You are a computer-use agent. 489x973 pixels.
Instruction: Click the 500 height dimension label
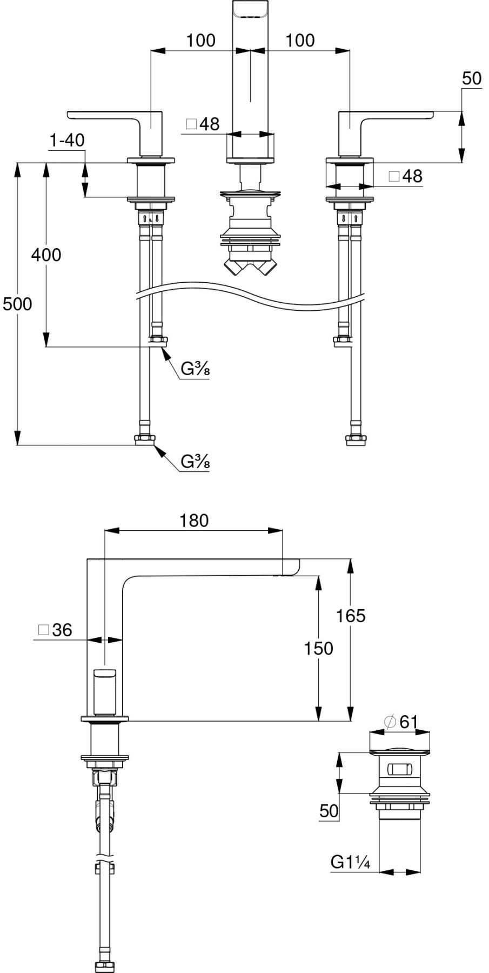pyautogui.click(x=17, y=304)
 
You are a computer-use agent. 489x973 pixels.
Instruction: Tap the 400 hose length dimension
pyautogui.click(x=46, y=255)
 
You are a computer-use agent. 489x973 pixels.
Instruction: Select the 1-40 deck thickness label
pyautogui.click(x=67, y=141)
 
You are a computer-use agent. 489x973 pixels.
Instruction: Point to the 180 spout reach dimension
pyautogui.click(x=194, y=521)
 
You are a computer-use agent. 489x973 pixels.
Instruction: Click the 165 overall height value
pyautogui.click(x=351, y=616)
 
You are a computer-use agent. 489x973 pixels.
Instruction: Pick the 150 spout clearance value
pyautogui.click(x=319, y=648)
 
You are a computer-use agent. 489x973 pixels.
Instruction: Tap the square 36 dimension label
pyautogui.click(x=55, y=630)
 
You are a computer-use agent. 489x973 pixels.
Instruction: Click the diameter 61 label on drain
pyautogui.click(x=400, y=722)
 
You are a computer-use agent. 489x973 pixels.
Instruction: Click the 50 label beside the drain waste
pyautogui.click(x=329, y=811)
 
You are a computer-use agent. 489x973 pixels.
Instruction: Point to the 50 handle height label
pyautogui.click(x=472, y=79)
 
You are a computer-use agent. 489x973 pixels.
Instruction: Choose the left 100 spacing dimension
pyautogui.click(x=200, y=41)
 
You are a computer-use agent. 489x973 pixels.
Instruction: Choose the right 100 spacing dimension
pyautogui.click(x=300, y=41)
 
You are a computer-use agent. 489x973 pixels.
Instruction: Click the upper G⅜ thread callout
pyautogui.click(x=195, y=369)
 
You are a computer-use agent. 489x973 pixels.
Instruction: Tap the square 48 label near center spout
pyautogui.click(x=203, y=124)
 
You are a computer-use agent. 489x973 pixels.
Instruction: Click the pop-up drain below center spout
pyautogui.click(x=250, y=227)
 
